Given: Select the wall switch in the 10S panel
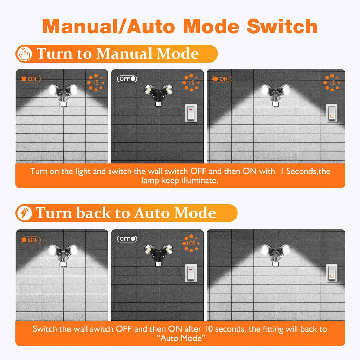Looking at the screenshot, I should (x=191, y=273).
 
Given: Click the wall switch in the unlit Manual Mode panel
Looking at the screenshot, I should (x=191, y=113).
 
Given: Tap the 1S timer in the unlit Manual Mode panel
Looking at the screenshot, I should (x=191, y=83).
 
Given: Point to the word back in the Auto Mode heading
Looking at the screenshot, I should (x=94, y=213).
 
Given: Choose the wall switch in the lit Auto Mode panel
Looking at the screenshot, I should (x=332, y=273).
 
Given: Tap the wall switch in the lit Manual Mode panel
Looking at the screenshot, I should (x=332, y=113).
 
